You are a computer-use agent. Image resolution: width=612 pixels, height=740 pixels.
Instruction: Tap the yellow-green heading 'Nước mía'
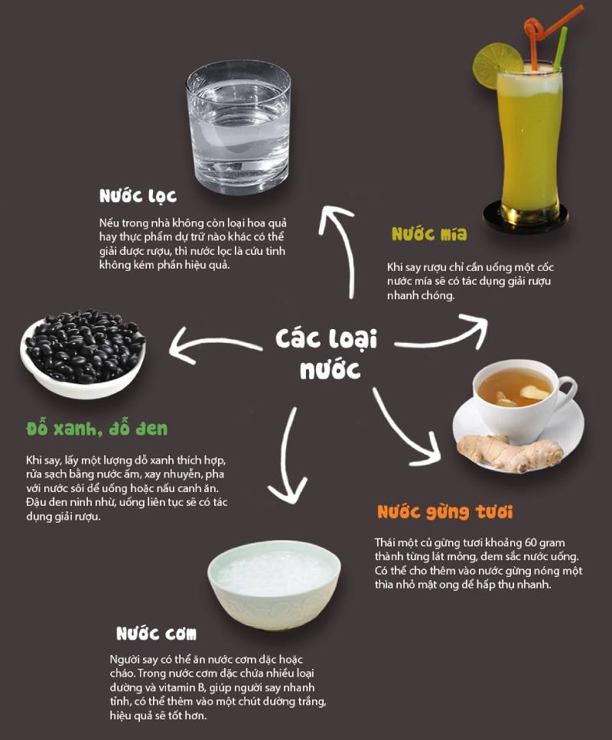(x=429, y=234)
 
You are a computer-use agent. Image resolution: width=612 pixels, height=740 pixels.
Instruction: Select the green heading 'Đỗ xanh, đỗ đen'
(x=96, y=429)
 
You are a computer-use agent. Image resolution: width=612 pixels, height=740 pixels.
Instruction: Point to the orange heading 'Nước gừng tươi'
(x=445, y=513)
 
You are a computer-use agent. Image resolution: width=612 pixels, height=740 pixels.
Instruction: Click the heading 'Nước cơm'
(x=156, y=634)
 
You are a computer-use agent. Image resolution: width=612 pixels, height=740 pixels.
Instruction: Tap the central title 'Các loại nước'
(x=327, y=354)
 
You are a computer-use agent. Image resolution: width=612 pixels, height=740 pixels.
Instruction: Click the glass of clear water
(x=239, y=128)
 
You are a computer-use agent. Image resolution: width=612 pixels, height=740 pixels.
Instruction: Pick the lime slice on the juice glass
(x=496, y=64)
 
